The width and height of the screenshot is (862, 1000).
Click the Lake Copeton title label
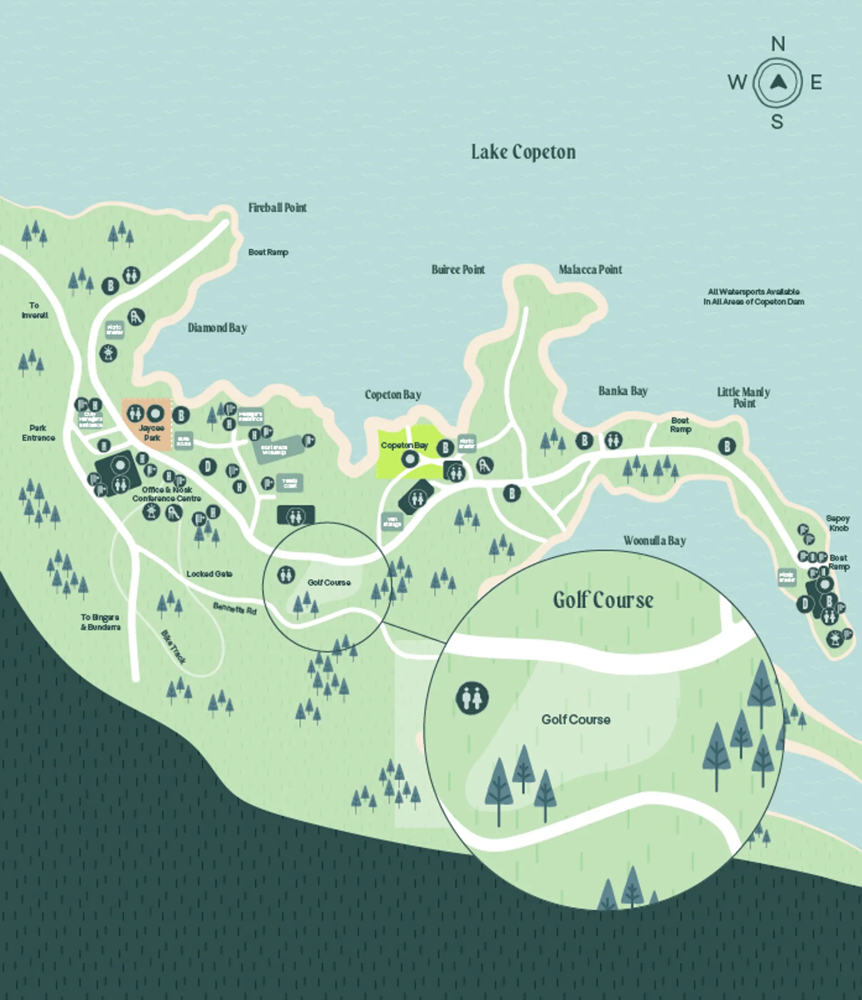click(523, 152)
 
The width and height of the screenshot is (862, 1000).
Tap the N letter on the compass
click(778, 44)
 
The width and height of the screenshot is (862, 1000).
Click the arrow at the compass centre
click(778, 83)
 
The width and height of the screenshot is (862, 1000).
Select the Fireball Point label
click(277, 208)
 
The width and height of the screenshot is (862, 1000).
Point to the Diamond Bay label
click(217, 328)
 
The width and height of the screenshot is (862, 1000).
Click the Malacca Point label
click(590, 270)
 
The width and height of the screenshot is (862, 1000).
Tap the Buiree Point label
click(458, 270)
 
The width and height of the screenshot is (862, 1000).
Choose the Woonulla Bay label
click(655, 541)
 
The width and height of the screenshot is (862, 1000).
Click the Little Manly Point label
click(743, 398)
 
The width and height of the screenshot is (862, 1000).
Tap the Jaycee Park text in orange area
click(151, 433)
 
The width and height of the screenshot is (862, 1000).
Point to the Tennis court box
click(290, 482)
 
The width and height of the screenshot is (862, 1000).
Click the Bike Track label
click(173, 647)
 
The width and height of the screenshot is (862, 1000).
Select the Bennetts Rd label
click(235, 609)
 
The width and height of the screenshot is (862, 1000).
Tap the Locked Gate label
click(209, 574)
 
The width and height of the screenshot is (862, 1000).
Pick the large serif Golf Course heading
click(603, 600)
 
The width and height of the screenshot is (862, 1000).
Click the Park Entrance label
click(38, 433)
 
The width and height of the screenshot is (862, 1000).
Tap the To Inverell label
click(34, 310)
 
